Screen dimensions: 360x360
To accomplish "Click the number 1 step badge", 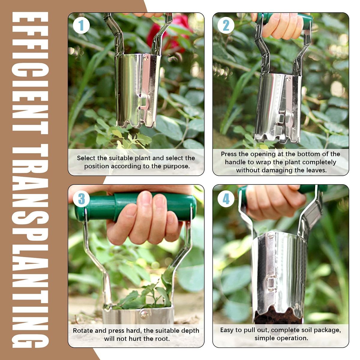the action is coord(81,25).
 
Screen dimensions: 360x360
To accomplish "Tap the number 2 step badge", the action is coord(226,25).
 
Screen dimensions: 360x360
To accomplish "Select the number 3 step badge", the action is coord(81,199).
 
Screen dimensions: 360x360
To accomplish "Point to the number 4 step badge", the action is coord(226,199).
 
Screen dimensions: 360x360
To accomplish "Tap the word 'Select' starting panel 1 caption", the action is coord(86,158).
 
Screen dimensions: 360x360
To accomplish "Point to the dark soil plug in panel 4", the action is coord(278,315).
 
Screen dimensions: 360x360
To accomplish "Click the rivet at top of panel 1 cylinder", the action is coord(146,57).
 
